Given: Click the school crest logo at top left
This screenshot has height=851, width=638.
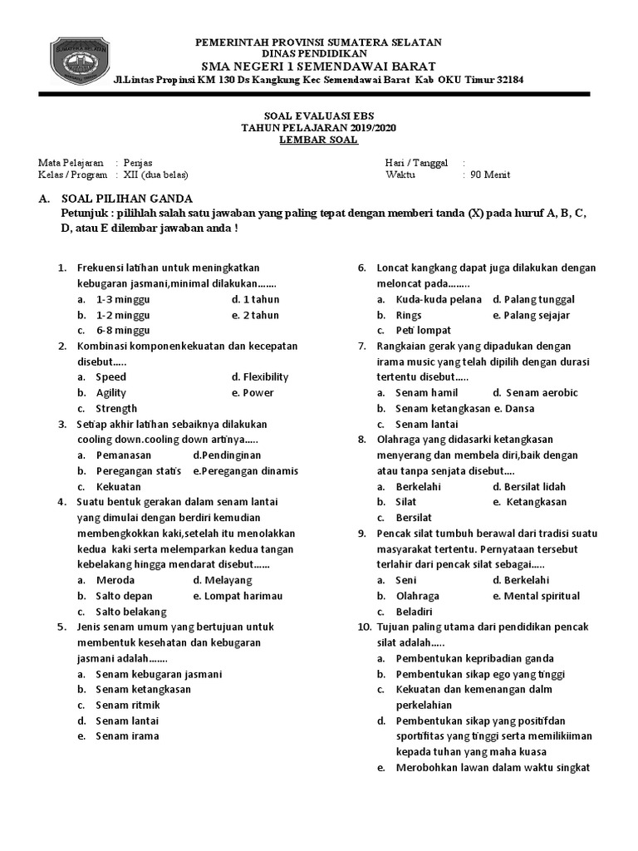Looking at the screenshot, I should (x=81, y=59).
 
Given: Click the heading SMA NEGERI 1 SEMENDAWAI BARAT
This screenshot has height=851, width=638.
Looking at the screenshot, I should (x=318, y=66).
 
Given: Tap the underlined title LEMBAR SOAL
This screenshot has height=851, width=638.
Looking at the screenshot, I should (x=318, y=140).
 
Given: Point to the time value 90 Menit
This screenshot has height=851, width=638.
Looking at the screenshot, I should (x=490, y=175).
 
